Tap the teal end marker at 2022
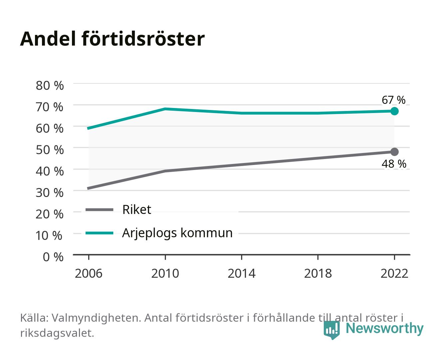coord(394,111)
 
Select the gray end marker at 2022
coord(394,152)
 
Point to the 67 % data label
coord(393,100)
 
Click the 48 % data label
coord(394,164)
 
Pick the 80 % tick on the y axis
coord(50,86)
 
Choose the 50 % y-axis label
coord(50,150)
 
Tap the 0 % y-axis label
coord(53,257)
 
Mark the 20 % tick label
coord(50,214)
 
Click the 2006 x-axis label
coord(89,273)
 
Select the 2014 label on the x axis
coord(241,273)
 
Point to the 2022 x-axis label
coord(394,273)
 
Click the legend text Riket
coord(137,209)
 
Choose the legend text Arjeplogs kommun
coord(177,233)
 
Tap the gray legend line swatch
coord(100,209)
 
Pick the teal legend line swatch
coord(100,233)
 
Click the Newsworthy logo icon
coord(331,330)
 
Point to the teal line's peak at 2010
coord(165,109)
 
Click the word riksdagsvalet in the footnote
coord(57,333)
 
